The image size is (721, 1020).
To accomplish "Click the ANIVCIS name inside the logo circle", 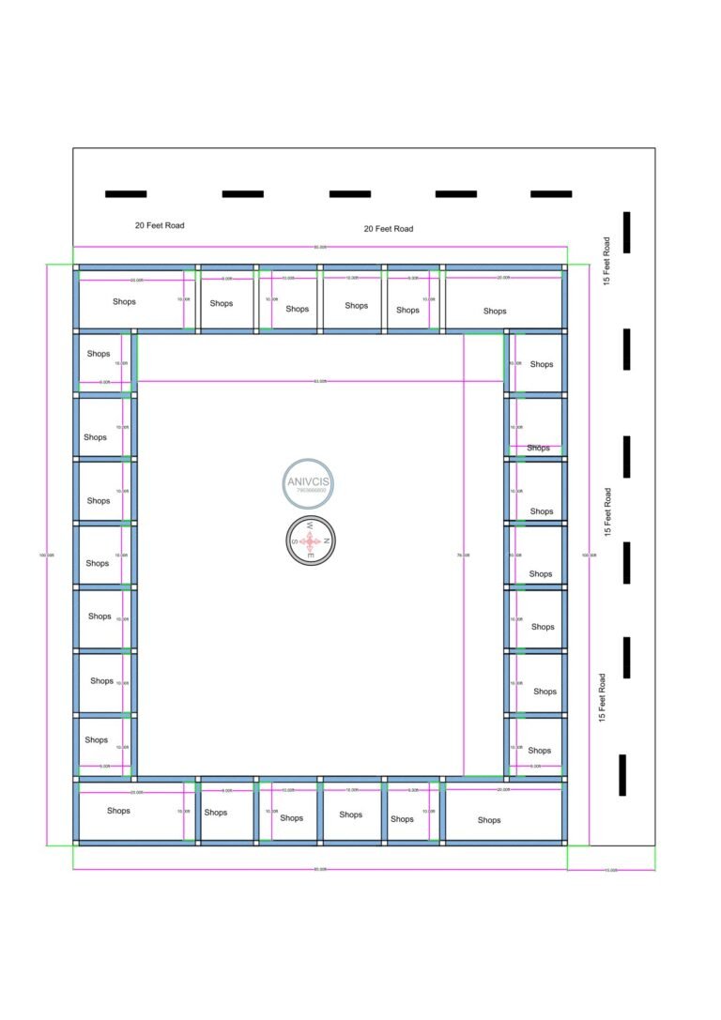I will tap(309, 481).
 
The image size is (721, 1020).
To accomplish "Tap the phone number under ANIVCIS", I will tap(309, 491).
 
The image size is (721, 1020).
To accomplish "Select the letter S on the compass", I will tap(294, 541).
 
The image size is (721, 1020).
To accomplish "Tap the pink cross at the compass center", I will tap(311, 541).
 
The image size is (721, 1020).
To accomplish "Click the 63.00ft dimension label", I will tap(320, 381).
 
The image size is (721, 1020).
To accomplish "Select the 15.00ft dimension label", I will tap(611, 870).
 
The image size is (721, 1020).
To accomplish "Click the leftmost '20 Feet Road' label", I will tap(160, 225).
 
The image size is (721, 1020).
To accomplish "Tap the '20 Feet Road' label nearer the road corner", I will tap(388, 229).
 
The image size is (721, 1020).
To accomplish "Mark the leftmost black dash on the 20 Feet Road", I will tap(126, 194).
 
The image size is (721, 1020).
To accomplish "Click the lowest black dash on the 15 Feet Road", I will tap(622, 775).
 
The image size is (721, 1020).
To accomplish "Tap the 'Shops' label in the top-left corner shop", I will tap(124, 302).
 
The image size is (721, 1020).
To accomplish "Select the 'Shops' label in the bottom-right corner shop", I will tap(489, 820).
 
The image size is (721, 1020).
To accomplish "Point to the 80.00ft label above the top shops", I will tap(320, 247).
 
